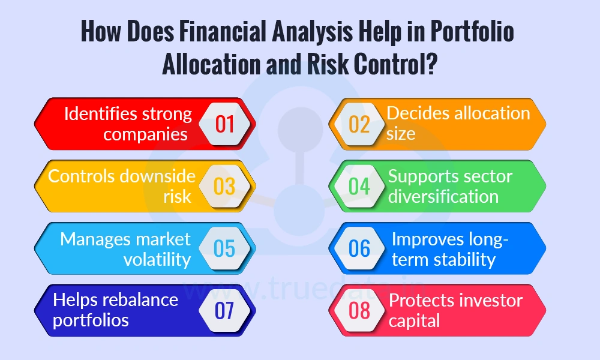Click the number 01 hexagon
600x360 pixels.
pyautogui.click(x=224, y=124)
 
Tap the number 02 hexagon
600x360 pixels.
pyautogui.click(x=359, y=124)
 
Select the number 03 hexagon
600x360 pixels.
pyautogui.click(x=224, y=186)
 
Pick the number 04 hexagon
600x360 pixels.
pyautogui.click(x=359, y=186)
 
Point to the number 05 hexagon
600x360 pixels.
pyautogui.click(x=224, y=248)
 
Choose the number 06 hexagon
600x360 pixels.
pyautogui.click(x=359, y=248)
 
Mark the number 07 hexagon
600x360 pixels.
pyautogui.click(x=224, y=310)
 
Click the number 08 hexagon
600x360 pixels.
pyautogui.click(x=359, y=310)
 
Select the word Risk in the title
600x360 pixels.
pyautogui.click(x=322, y=64)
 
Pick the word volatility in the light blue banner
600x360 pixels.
pyautogui.click(x=157, y=259)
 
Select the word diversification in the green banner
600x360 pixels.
pyautogui.click(x=443, y=196)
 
